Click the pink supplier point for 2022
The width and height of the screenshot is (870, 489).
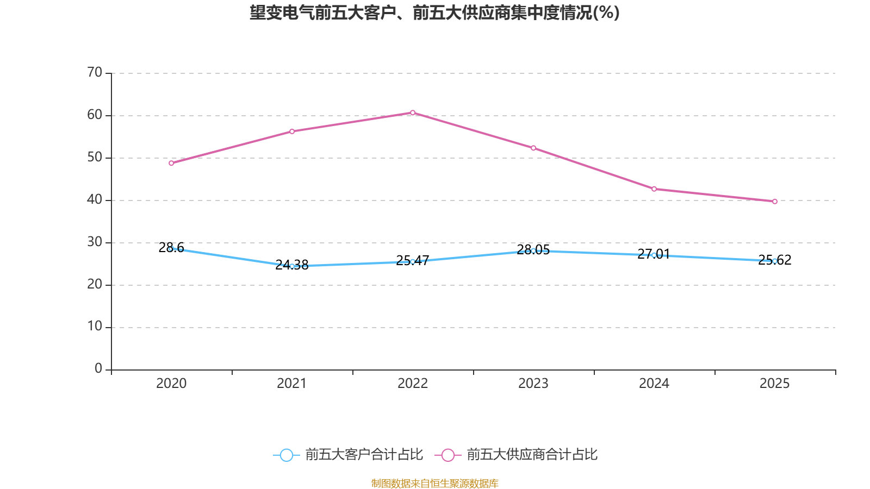click(x=413, y=113)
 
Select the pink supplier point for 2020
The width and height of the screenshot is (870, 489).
click(x=171, y=163)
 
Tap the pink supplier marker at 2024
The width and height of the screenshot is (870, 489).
click(x=654, y=189)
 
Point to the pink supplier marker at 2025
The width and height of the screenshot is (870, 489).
click(x=775, y=202)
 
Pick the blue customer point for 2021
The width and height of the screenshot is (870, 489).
click(x=292, y=266)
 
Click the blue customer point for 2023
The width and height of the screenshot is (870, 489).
click(x=533, y=250)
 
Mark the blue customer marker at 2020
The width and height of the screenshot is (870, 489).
click(x=171, y=248)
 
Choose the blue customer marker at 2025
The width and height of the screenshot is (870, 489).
click(x=775, y=261)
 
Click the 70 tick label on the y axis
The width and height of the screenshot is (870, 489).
click(x=95, y=72)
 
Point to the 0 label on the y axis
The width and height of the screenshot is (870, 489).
click(x=98, y=369)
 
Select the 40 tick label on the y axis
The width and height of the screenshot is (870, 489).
click(x=95, y=199)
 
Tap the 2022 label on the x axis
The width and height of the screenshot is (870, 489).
click(x=413, y=384)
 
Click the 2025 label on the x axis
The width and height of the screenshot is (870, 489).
click(x=774, y=384)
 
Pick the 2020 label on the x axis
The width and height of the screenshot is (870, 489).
click(x=171, y=384)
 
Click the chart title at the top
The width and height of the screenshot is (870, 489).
click(x=434, y=12)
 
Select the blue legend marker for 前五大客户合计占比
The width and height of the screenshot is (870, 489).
click(x=287, y=455)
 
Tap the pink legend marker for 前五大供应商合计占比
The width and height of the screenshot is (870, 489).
click(x=448, y=455)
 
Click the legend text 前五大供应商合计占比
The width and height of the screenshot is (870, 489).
click(x=532, y=455)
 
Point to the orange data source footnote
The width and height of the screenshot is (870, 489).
click(x=434, y=483)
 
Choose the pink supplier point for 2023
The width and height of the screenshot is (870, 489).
click(x=533, y=148)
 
